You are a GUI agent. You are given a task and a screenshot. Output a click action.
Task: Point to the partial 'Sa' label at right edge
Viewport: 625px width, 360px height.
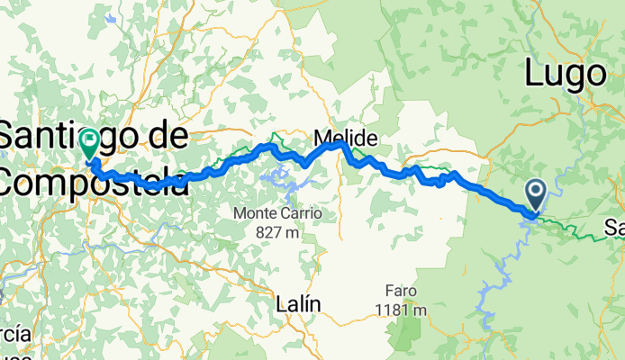pos(615,227)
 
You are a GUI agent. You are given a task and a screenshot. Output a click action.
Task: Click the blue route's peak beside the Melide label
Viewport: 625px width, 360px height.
pos(339,144)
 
